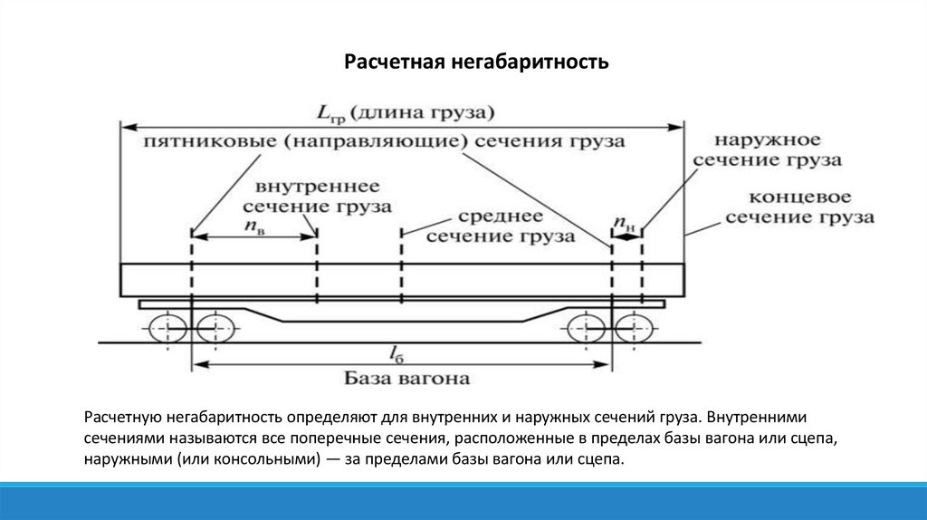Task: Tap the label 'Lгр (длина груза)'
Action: point(406,113)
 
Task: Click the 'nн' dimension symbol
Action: point(624,221)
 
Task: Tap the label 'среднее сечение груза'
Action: point(500,226)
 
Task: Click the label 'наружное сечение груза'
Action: point(767,150)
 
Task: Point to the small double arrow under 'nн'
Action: point(626,237)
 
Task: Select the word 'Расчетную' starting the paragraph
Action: point(122,419)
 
